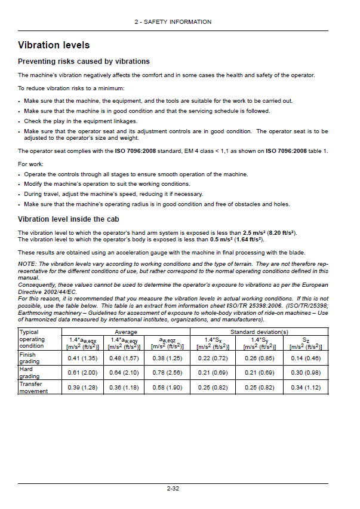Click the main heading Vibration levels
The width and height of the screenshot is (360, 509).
(x=54, y=45)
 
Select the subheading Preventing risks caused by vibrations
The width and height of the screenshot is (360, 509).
(x=84, y=62)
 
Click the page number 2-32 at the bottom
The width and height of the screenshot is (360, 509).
(x=173, y=489)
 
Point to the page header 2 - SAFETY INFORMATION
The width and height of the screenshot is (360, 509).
(x=173, y=22)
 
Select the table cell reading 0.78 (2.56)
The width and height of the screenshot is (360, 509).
(x=167, y=373)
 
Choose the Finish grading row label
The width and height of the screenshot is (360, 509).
(x=28, y=358)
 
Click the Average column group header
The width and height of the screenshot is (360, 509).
(x=125, y=332)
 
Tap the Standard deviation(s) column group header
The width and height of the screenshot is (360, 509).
(x=259, y=332)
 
